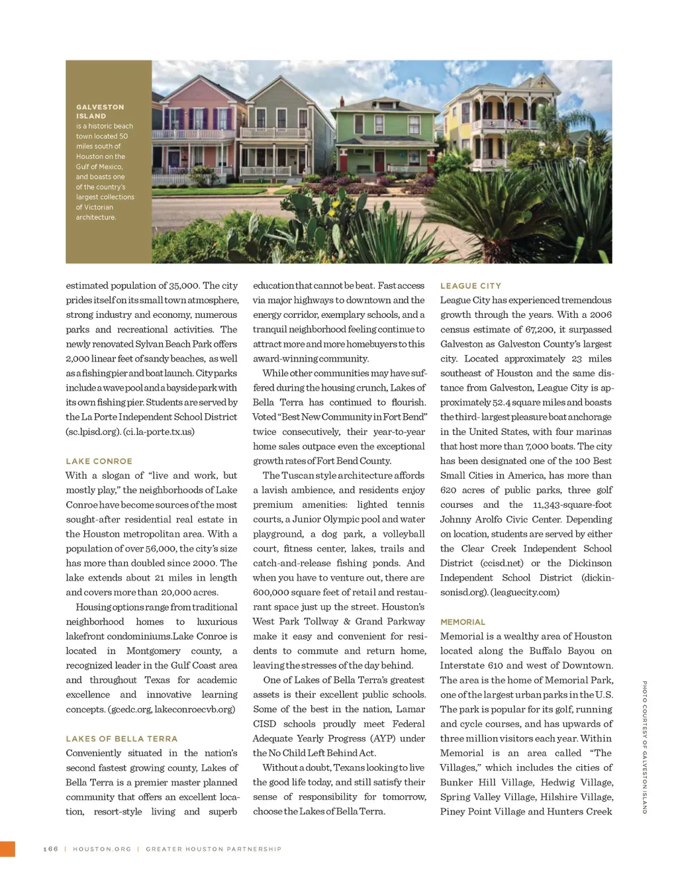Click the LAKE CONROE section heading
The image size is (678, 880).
coord(99,461)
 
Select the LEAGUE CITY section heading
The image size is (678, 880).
coord(471,285)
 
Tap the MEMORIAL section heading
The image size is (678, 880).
coord(463,622)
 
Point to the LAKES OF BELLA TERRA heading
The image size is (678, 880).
coord(121,738)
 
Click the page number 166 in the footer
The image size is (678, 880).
coord(51,849)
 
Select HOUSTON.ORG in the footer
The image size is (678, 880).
coord(102,849)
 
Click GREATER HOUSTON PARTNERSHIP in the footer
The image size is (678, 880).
coord(213,849)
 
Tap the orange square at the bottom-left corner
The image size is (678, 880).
coord(7,849)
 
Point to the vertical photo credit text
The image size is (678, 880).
coord(644,747)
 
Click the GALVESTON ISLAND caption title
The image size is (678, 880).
coord(99,111)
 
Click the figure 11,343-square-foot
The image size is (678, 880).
coord(572,505)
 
